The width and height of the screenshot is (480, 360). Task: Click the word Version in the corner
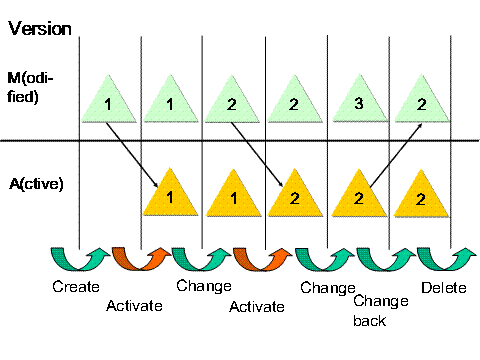(40, 26)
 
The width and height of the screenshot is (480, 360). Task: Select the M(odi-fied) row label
(36, 91)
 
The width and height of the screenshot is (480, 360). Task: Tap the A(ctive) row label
(39, 184)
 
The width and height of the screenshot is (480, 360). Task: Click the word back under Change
(372, 321)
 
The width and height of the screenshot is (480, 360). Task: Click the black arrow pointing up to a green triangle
(388, 150)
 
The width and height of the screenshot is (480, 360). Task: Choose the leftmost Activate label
(134, 305)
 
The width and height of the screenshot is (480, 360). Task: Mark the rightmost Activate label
(258, 305)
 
